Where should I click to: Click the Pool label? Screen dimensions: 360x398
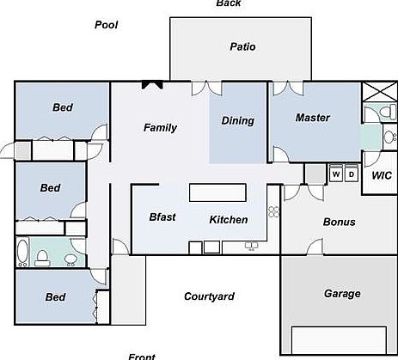point(106,25)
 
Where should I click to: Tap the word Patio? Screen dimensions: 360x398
point(242,46)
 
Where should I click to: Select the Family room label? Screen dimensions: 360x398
point(160,128)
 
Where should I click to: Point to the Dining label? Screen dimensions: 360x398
point(238,121)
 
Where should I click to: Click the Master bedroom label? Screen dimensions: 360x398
point(313,117)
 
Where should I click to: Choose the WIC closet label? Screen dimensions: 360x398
point(382,175)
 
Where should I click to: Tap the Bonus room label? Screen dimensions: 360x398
point(339,222)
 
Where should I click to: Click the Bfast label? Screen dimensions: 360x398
point(162,217)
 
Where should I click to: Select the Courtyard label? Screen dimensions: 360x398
point(209,296)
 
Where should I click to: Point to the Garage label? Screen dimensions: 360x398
point(341,293)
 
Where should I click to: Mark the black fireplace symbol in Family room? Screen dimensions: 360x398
point(152,84)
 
